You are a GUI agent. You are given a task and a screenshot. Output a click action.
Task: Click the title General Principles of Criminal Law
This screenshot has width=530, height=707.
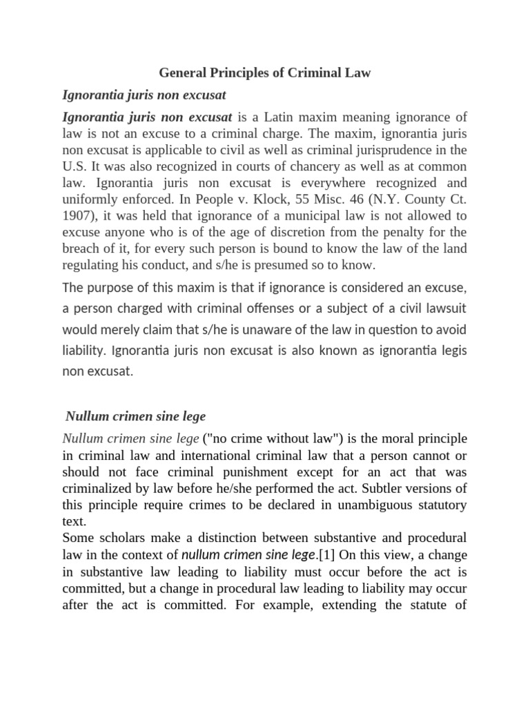(265, 72)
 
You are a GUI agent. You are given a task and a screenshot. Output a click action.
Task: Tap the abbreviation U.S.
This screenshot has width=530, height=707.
(75, 167)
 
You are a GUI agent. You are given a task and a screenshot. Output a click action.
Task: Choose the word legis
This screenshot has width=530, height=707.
(452, 350)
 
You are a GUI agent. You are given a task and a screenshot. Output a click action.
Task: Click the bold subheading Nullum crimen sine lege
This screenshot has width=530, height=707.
(135, 416)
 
